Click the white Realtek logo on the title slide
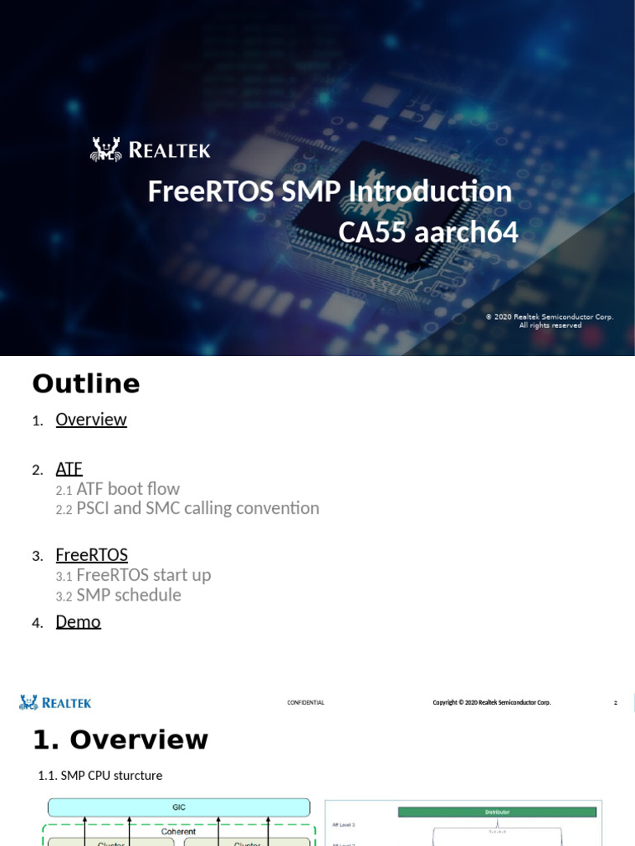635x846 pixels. (x=150, y=150)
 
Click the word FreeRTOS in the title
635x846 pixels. (x=212, y=192)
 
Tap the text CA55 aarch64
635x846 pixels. (x=428, y=233)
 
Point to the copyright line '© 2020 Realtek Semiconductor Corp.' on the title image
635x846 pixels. (x=549, y=316)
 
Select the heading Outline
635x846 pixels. (x=86, y=384)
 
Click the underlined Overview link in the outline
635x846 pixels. (x=91, y=420)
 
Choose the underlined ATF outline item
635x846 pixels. (x=69, y=469)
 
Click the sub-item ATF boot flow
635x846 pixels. (x=127, y=489)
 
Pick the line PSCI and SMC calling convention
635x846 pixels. (x=197, y=509)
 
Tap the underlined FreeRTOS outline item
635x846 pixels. (x=92, y=555)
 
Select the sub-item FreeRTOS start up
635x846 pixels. (x=143, y=575)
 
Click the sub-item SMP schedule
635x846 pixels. (x=128, y=596)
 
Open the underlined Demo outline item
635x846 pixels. (x=78, y=622)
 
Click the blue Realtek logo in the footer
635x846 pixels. (x=55, y=703)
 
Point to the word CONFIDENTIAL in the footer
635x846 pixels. (x=306, y=703)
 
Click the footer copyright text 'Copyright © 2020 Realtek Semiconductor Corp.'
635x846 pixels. (x=491, y=703)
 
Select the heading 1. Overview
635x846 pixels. (x=120, y=739)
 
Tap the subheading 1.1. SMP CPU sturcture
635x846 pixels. (x=100, y=776)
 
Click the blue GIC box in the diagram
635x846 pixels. (x=179, y=807)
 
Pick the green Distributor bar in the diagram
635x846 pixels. (x=496, y=812)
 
